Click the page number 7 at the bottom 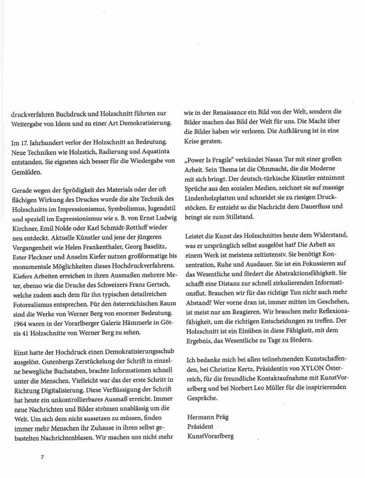click(x=42, y=457)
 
